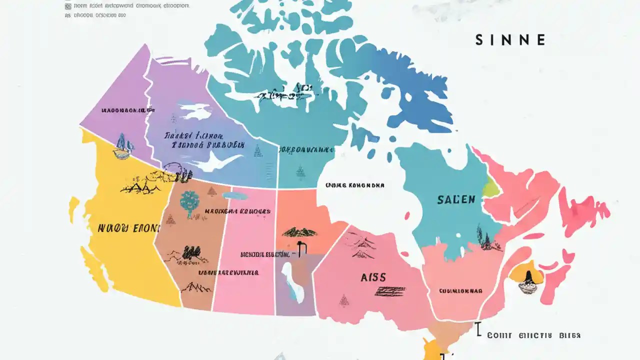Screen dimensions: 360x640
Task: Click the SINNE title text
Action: pos(510,40)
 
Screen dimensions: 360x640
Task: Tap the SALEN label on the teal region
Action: pos(456,199)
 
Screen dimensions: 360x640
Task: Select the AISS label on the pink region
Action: pos(373,277)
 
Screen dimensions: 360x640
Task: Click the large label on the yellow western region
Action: pos(128,228)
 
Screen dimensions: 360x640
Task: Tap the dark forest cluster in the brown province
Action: pos(190,252)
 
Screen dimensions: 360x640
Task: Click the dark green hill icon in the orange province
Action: pos(299,232)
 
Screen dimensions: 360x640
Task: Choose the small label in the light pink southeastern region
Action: pos(460,290)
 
